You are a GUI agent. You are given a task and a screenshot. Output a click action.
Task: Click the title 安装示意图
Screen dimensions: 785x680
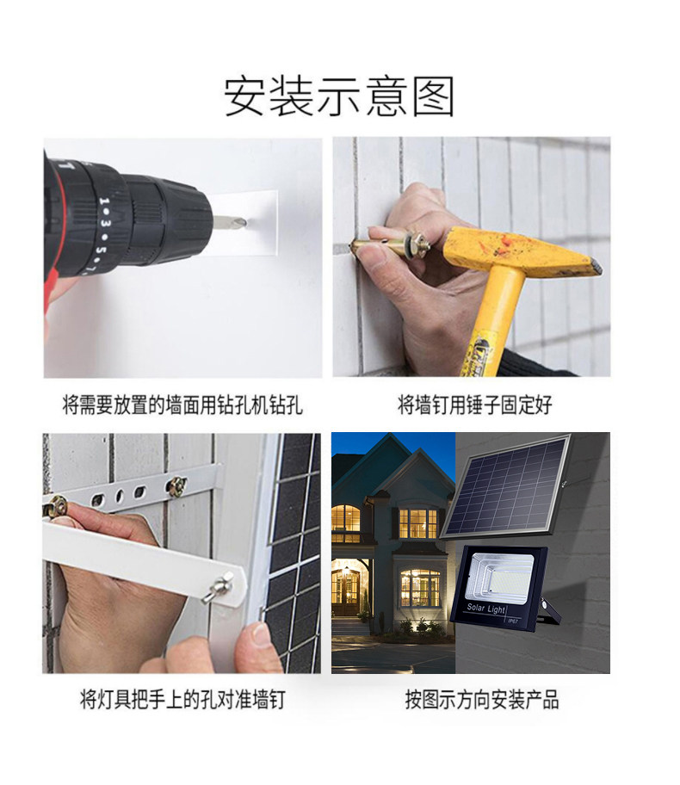[339, 96]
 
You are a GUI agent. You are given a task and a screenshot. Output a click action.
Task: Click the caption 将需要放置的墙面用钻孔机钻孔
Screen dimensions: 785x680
[182, 405]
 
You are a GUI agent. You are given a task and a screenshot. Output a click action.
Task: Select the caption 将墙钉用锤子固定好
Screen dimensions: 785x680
[474, 405]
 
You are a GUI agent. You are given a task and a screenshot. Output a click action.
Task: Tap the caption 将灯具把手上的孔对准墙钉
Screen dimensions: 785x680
[182, 699]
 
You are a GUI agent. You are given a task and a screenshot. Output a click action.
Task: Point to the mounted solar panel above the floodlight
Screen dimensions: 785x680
[506, 486]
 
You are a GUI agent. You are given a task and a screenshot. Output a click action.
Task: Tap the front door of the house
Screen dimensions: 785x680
[347, 591]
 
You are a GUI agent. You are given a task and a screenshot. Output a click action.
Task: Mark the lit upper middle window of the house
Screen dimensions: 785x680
[418, 522]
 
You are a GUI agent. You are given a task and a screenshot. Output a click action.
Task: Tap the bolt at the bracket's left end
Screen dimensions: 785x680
[58, 507]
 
